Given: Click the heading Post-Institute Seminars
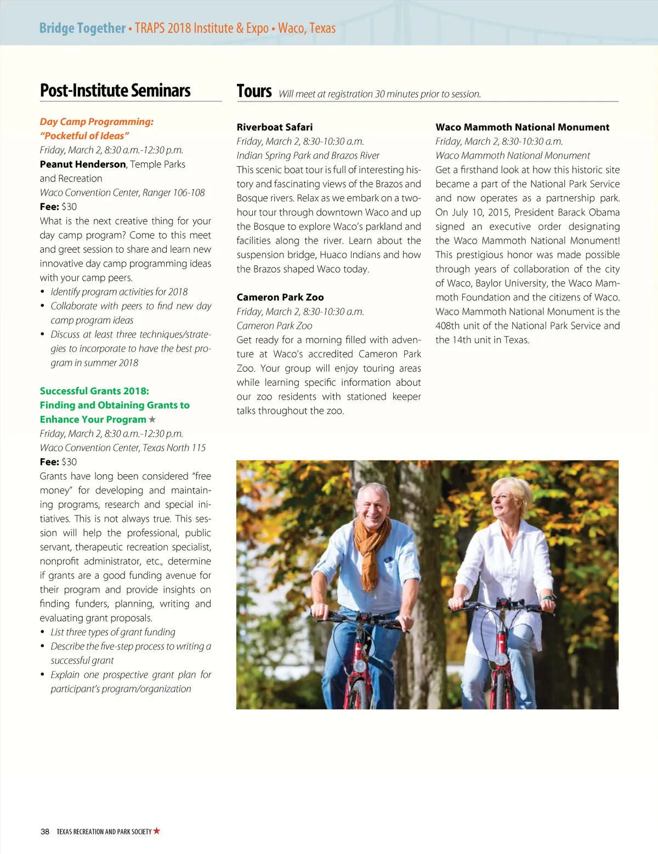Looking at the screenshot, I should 115,90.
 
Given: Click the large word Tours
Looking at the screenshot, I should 254,91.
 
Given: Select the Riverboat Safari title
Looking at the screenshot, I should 275,127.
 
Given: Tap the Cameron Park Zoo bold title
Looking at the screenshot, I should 280,297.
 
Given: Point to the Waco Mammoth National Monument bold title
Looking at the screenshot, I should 522,127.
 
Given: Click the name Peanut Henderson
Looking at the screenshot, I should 83,164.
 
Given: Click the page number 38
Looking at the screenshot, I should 45,832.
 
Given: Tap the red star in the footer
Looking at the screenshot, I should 157,831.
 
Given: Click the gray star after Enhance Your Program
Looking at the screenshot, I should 152,419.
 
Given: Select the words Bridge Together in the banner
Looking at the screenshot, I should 82,28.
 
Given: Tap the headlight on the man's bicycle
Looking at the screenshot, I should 359,665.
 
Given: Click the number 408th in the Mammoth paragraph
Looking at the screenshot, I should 448,326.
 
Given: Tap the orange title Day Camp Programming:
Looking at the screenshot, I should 97,122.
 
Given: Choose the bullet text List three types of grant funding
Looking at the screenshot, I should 113,632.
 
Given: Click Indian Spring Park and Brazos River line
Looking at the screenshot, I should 308,156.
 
